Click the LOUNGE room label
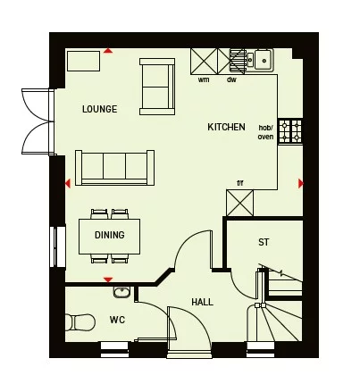point(99,109)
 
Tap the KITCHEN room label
point(226,128)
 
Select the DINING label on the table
point(109,236)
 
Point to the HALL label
point(202,303)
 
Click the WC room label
point(117,319)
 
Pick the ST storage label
point(264,242)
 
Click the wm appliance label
point(204,79)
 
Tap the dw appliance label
point(230,79)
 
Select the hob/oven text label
point(265,132)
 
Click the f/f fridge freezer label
point(239,183)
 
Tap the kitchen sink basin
point(263,60)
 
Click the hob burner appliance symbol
point(291,132)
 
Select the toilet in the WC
point(80,321)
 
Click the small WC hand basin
point(121,291)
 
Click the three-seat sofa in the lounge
point(115,167)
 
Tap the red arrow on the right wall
point(301,183)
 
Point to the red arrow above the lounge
point(108,51)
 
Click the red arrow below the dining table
point(108,279)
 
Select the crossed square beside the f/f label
point(240,203)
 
